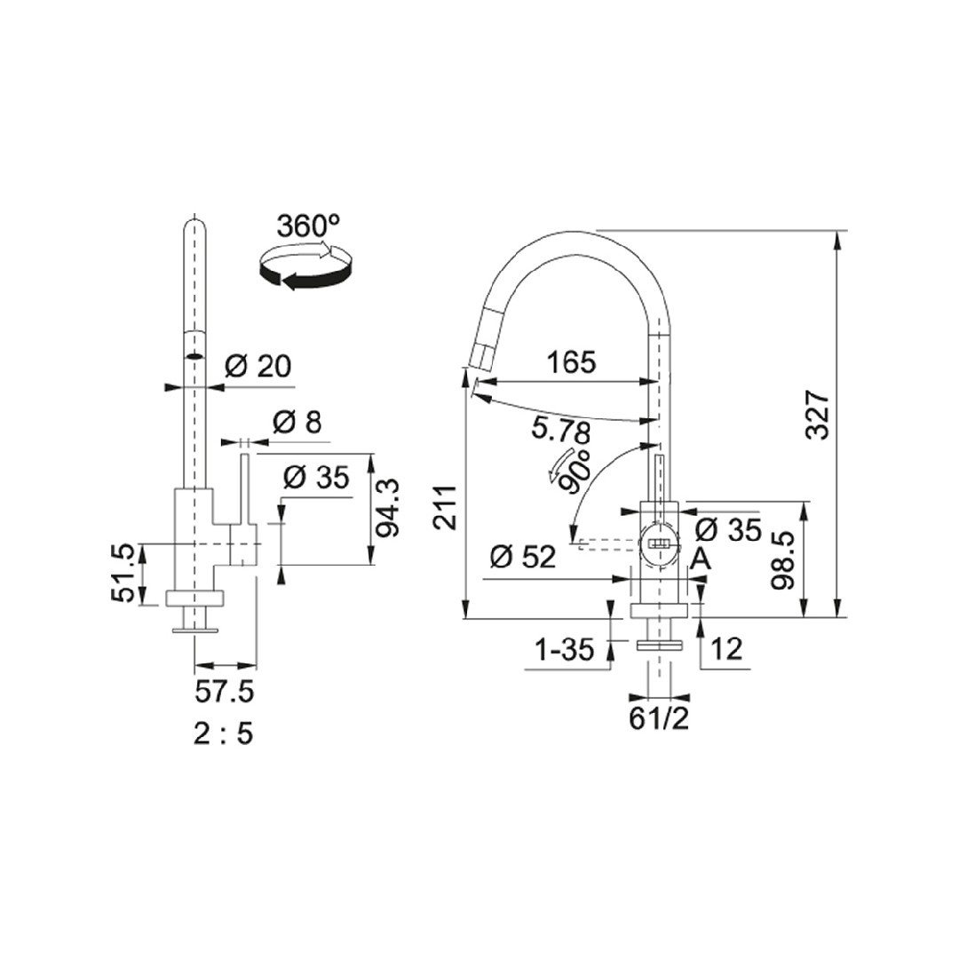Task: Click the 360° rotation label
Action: point(308,226)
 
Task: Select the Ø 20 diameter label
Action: point(258,367)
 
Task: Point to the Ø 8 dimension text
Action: point(297,422)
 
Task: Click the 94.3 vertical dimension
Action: point(387,509)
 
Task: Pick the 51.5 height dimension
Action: point(125,573)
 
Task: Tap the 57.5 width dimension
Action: point(224,692)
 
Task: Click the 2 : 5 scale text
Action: point(223,733)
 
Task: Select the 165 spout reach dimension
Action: point(571,362)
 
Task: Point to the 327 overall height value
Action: point(817,415)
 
